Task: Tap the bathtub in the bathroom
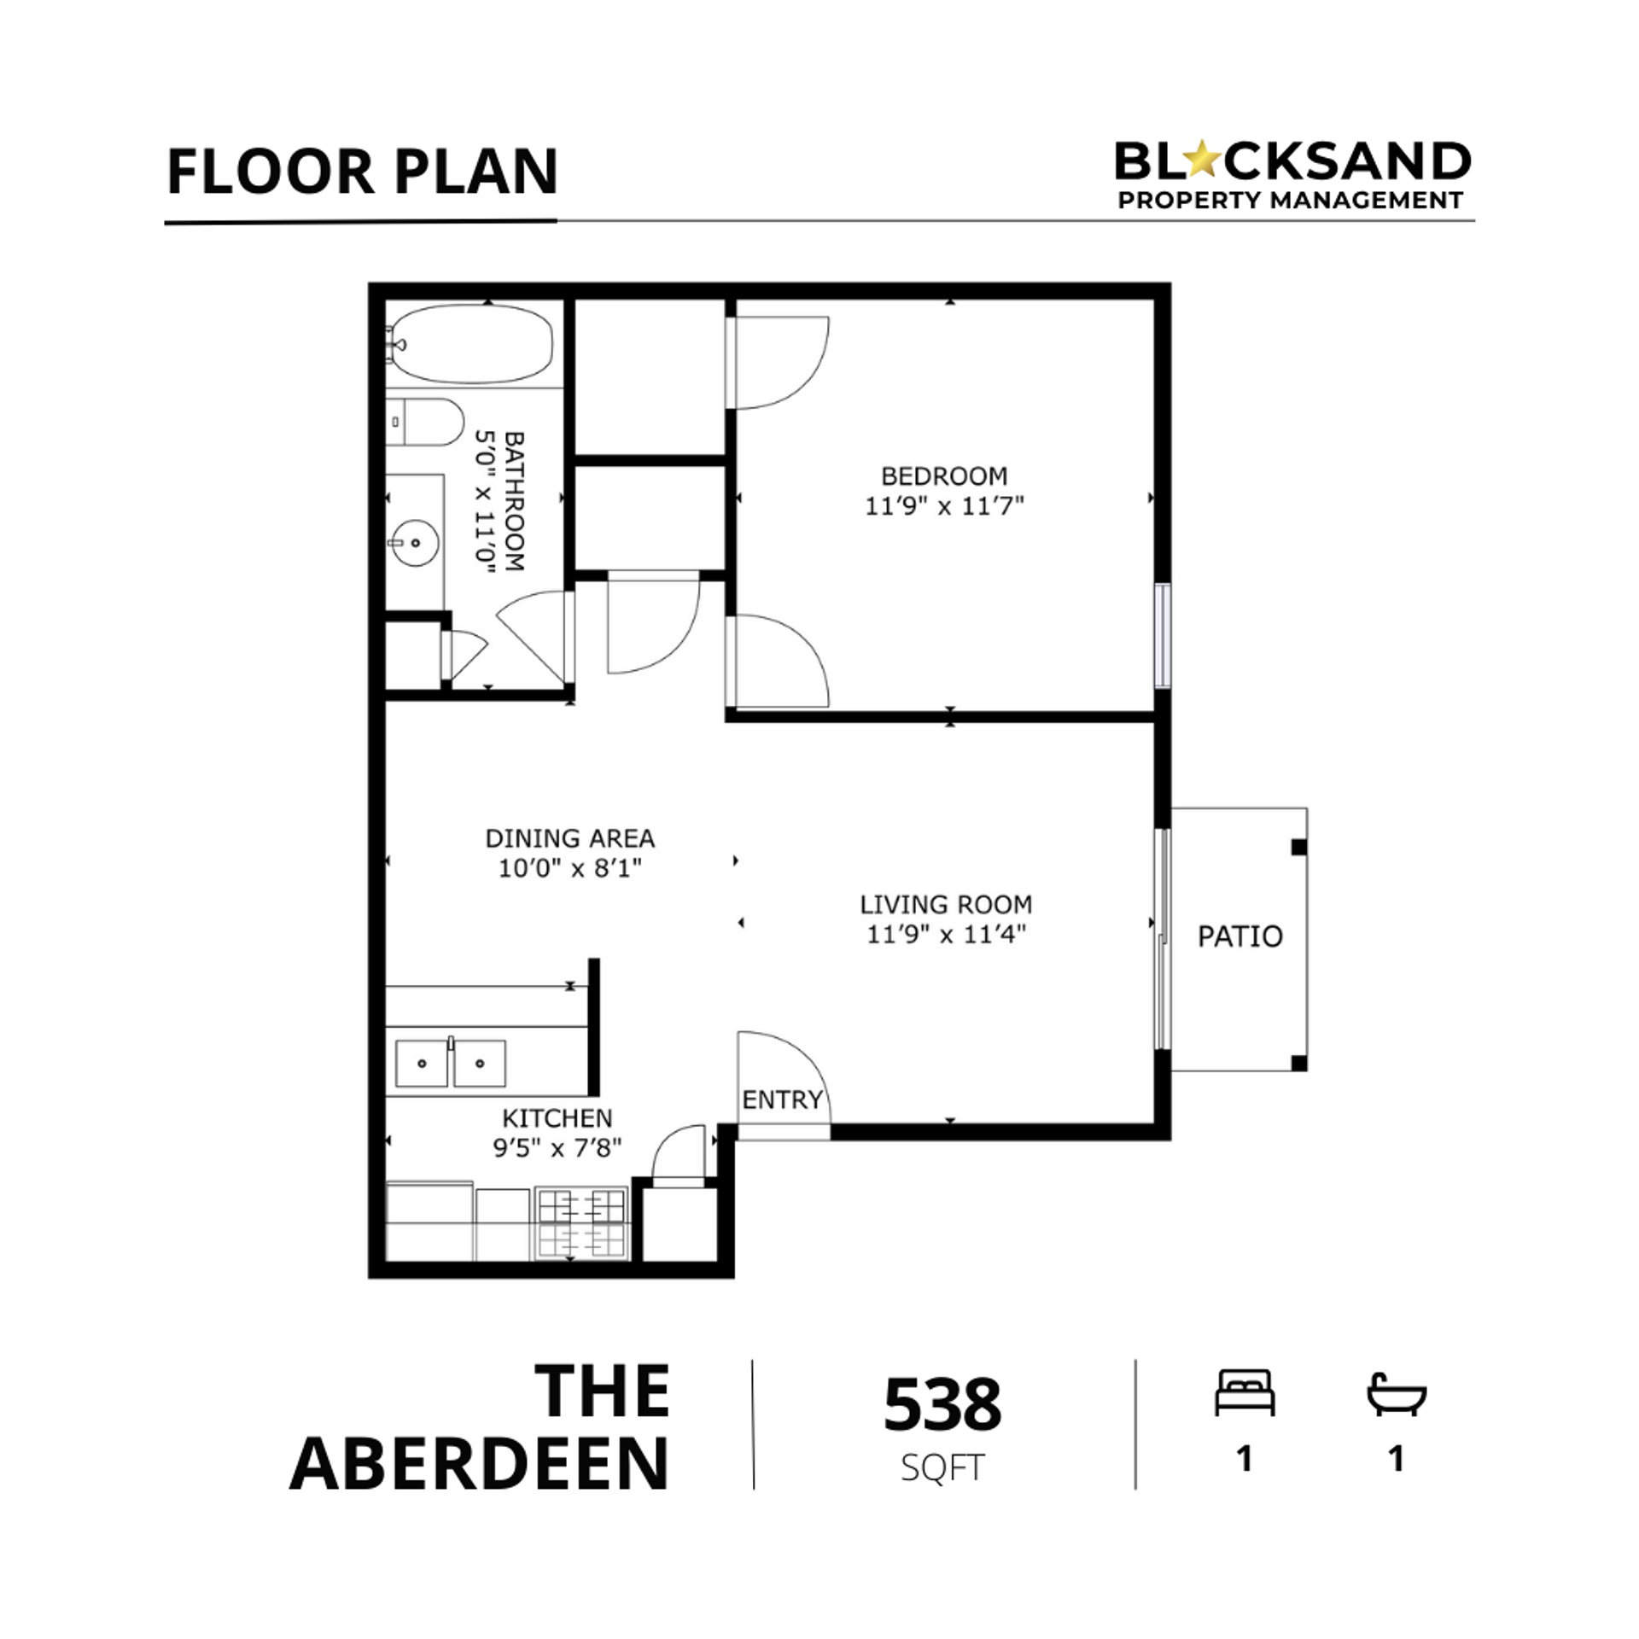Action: click(470, 344)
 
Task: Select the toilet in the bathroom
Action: click(424, 422)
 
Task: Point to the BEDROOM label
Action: click(944, 475)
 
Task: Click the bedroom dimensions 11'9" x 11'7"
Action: click(944, 506)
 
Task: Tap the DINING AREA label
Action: click(570, 838)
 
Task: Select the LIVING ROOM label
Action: click(946, 904)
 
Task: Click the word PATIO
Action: click(1239, 936)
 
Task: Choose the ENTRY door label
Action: click(782, 1099)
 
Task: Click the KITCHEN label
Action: click(557, 1117)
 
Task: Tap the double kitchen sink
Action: click(451, 1063)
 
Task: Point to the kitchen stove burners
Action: click(581, 1223)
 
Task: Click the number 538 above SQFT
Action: click(942, 1404)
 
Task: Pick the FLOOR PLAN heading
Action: click(362, 172)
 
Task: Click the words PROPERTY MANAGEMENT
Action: click(1291, 201)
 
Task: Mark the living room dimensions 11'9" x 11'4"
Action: click(946, 934)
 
